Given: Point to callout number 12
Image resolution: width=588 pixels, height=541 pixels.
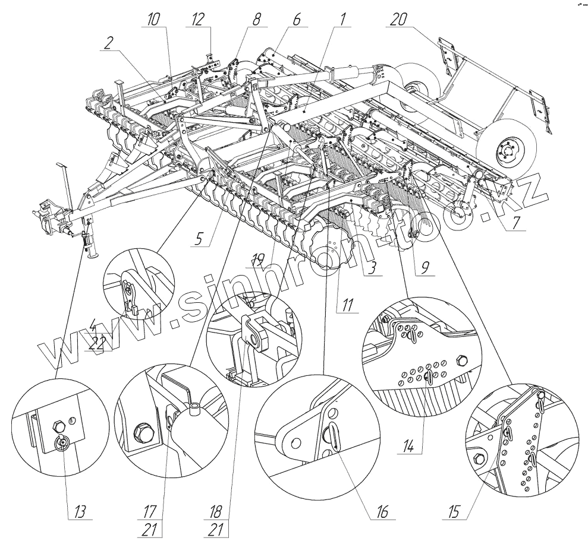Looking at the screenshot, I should (198, 18).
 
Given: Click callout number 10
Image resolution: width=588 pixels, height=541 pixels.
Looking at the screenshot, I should (154, 18).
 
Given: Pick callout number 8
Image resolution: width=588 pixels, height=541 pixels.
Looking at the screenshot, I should (256, 18).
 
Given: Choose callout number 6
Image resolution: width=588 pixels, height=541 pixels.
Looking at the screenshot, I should (295, 18).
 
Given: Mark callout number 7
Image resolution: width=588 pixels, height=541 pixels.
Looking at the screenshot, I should (512, 223).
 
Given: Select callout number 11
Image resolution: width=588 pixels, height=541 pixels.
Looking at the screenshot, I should (345, 308).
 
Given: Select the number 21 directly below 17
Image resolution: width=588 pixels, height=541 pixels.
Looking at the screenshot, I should (150, 529).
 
